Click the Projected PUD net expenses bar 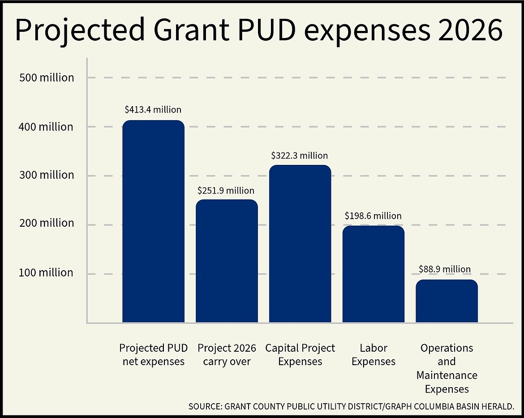[x=153, y=221]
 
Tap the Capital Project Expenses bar [x=300, y=244]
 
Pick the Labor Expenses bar [x=373, y=274]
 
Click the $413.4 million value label [x=153, y=109]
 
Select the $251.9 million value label [x=226, y=190]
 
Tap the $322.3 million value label [x=300, y=155]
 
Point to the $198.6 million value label [x=373, y=215]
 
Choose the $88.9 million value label [x=445, y=269]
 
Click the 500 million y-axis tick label [x=47, y=78]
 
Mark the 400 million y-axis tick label [x=46, y=127]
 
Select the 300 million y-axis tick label [x=47, y=175]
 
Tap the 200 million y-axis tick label [x=47, y=223]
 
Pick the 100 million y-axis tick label [x=46, y=272]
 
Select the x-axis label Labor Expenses [x=374, y=354]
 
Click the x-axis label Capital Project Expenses [x=300, y=354]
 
